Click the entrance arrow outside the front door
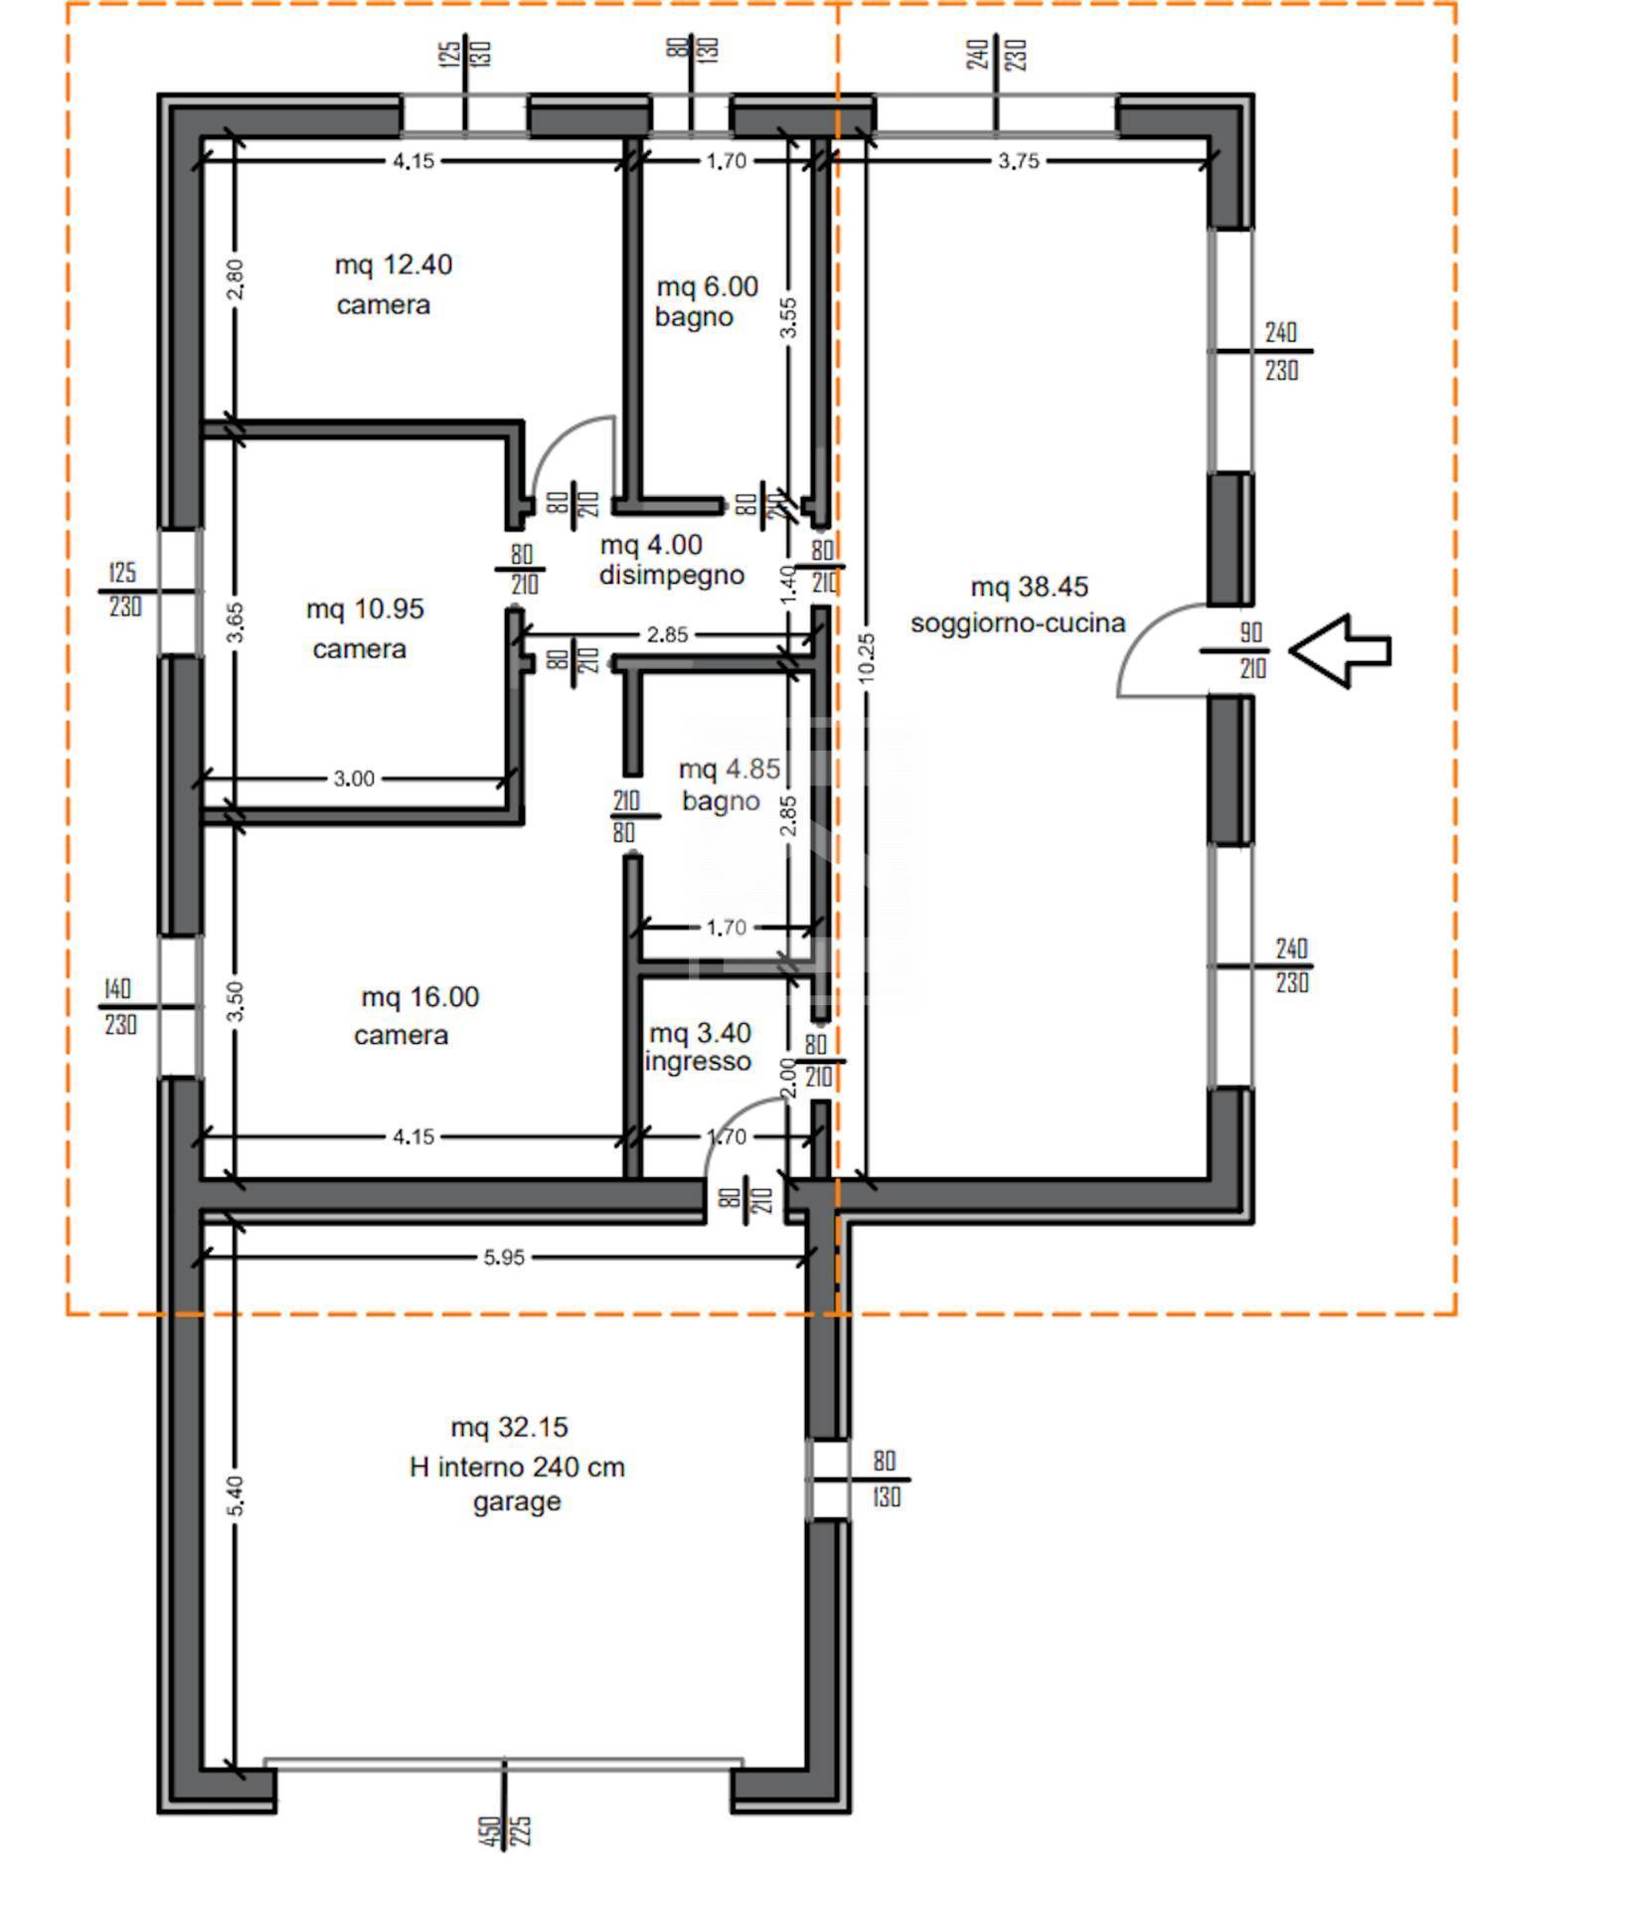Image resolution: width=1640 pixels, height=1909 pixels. (1340, 651)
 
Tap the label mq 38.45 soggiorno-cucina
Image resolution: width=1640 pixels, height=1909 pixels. (1019, 605)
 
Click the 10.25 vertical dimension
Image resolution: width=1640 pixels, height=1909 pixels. (867, 657)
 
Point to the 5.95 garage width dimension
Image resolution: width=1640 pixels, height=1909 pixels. (504, 1258)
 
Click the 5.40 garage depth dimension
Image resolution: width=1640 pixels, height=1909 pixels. (235, 1496)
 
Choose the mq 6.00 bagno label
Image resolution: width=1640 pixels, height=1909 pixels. (706, 301)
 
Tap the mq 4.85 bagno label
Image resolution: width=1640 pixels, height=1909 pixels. (728, 784)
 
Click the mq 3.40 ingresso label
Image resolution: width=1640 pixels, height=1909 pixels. (699, 1047)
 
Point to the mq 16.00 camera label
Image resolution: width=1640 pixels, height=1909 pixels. (418, 1015)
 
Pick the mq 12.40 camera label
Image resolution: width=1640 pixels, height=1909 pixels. (393, 284)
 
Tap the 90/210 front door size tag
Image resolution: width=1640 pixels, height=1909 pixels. (1251, 650)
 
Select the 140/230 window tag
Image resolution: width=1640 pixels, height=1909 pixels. (119, 1006)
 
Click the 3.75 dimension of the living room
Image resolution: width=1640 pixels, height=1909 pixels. (1019, 161)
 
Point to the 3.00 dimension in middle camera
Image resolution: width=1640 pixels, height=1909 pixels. (354, 779)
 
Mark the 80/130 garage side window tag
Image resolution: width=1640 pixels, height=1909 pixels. (886, 1478)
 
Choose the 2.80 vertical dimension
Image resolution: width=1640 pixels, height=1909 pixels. (235, 280)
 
